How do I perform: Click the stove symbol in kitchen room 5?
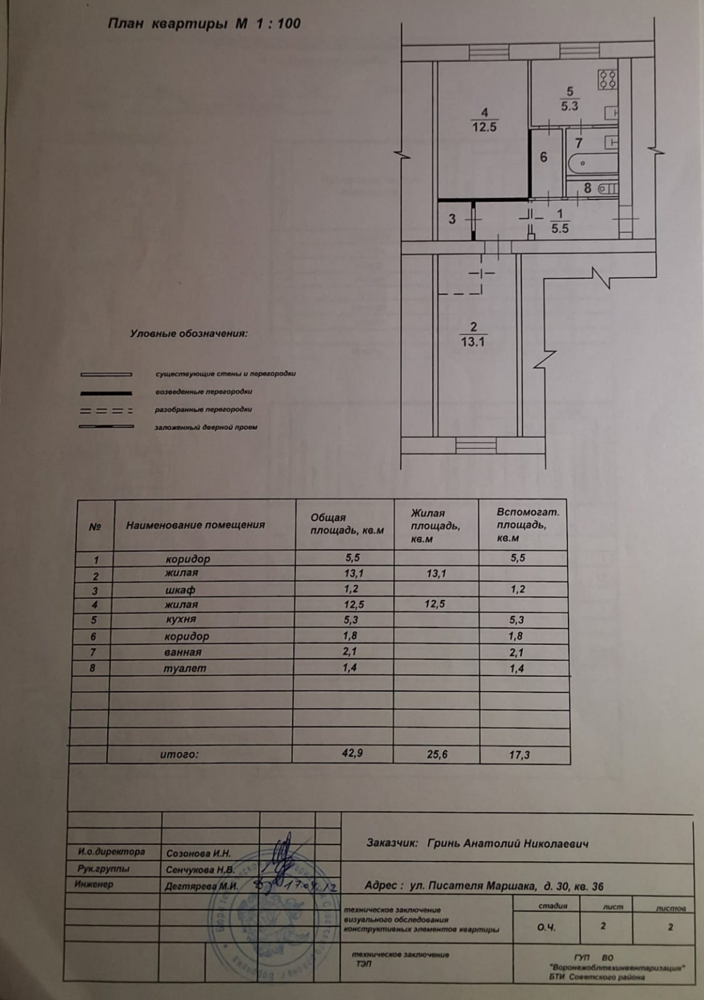[x=608, y=79]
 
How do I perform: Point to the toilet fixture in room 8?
[x=607, y=189]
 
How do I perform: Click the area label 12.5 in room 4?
[x=484, y=127]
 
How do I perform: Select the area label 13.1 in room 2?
[x=473, y=341]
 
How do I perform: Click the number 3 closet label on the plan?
[x=452, y=220]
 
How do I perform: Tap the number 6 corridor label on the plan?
[x=543, y=158]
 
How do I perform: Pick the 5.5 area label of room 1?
[x=559, y=229]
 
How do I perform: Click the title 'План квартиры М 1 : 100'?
[x=203, y=25]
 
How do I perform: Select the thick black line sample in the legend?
[x=106, y=393]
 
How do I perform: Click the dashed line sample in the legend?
[x=106, y=411]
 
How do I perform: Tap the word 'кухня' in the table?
[x=181, y=620]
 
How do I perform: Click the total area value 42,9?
[x=352, y=753]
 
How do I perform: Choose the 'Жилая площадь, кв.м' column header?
[x=435, y=526]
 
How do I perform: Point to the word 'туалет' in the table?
[x=184, y=668]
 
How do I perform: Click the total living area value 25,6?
[x=437, y=754]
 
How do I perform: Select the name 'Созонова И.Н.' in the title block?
[x=198, y=853]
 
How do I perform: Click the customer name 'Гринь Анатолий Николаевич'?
[x=508, y=844]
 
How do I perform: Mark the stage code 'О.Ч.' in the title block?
[x=546, y=926]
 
